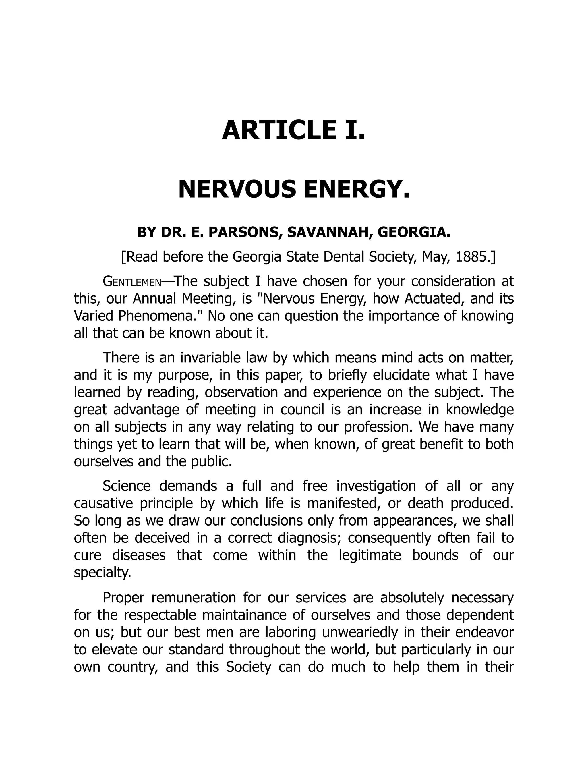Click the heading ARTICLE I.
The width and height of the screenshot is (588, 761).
tap(294, 130)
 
